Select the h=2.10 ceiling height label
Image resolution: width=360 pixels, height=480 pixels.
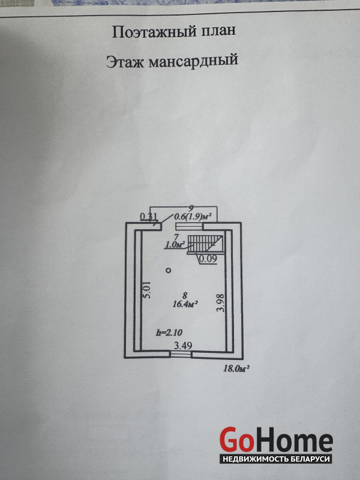[169, 332]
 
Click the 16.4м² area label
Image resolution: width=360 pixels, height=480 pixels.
[185, 305]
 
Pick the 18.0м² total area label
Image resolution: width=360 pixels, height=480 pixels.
[236, 368]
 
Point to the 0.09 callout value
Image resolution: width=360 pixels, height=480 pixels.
[208, 259]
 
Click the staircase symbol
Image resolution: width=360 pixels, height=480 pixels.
[204, 243]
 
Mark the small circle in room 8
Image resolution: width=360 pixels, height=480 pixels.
[169, 271]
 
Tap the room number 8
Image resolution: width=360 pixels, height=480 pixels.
[185, 295]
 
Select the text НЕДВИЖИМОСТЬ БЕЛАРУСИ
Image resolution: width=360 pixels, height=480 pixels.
[275, 459]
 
